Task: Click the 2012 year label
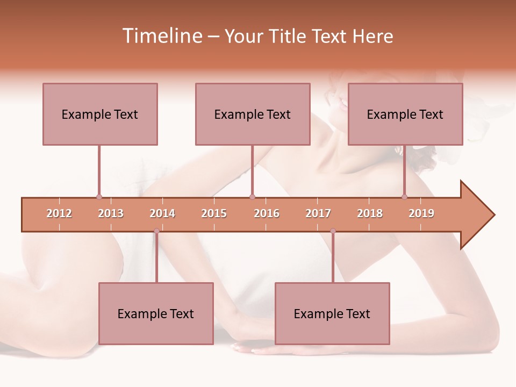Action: pyautogui.click(x=59, y=213)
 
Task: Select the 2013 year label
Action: pyautogui.click(x=111, y=213)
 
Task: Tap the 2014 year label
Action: pyautogui.click(x=162, y=213)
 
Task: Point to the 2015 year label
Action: pyautogui.click(x=214, y=213)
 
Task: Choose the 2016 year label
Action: pyautogui.click(x=267, y=213)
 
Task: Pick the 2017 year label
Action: pyautogui.click(x=318, y=213)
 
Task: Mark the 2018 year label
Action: pyautogui.click(x=370, y=213)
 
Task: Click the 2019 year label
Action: pyautogui.click(x=421, y=213)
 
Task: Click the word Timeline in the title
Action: pyautogui.click(x=161, y=36)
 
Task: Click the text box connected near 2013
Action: pyautogui.click(x=100, y=114)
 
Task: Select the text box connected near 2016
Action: pyautogui.click(x=253, y=114)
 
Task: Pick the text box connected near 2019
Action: pyautogui.click(x=405, y=114)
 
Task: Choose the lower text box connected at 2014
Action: pyautogui.click(x=156, y=313)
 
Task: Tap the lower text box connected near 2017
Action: pyautogui.click(x=332, y=313)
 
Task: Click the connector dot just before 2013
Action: pyautogui.click(x=99, y=197)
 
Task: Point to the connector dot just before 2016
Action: pyautogui.click(x=253, y=197)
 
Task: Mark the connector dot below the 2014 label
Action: pyautogui.click(x=156, y=231)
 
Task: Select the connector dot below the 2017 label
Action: pyautogui.click(x=333, y=231)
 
